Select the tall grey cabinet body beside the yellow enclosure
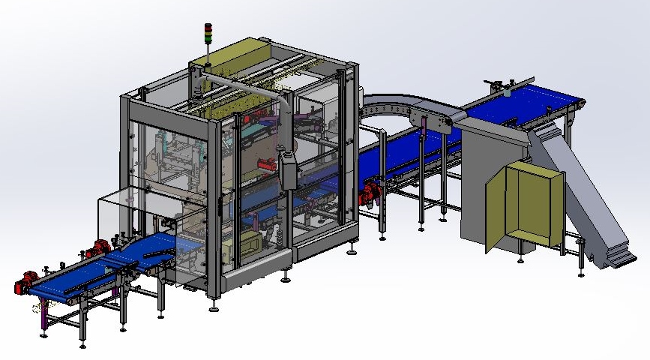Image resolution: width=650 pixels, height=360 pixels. point(480,180)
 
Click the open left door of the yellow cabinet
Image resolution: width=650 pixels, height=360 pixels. point(496,209)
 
